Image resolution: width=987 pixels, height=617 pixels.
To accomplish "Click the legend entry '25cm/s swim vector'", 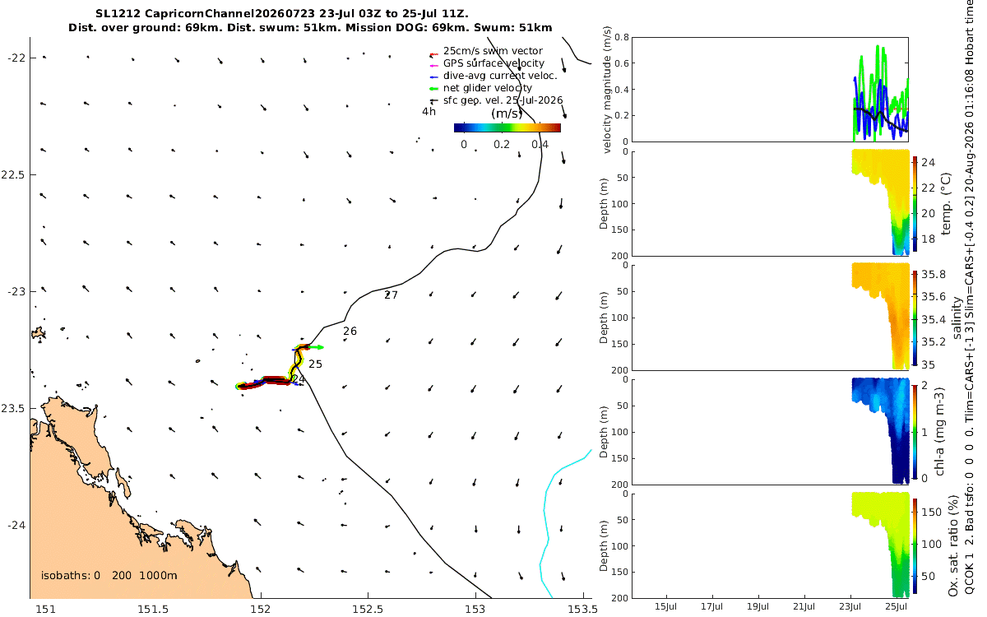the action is (493, 51).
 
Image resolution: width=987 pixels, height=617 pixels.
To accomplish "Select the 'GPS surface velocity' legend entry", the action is (493, 63).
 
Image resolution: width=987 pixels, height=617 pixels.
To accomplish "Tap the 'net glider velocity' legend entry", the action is (487, 88).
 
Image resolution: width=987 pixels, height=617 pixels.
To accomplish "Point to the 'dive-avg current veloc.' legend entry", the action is (500, 76).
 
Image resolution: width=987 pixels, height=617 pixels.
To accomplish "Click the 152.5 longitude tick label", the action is (368, 609).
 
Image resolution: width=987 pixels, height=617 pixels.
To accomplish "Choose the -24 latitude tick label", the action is (16, 526).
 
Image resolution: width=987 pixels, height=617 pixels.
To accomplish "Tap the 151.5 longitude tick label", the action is (153, 609).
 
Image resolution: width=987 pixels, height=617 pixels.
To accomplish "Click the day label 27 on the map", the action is (391, 295).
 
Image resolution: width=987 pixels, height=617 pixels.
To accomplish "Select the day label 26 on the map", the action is (350, 331).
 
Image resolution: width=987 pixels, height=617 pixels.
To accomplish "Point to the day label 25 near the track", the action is (315, 364).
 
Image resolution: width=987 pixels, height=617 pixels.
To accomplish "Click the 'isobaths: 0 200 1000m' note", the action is (109, 576).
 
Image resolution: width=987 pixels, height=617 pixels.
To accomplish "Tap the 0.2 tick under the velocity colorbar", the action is (502, 145).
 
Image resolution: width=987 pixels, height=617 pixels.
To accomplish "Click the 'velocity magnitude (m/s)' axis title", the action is (607, 90).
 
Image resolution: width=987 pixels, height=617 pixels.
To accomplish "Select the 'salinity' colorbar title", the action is (956, 318).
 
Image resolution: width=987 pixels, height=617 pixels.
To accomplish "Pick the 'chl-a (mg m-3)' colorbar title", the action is (939, 432).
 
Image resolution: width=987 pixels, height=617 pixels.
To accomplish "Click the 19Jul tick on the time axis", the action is (758, 606).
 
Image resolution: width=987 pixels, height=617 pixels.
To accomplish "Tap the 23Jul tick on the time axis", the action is (850, 606).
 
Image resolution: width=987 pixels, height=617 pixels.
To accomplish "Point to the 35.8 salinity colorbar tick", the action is (934, 275).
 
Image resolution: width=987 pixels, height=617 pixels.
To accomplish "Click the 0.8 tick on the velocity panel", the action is (622, 37).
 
